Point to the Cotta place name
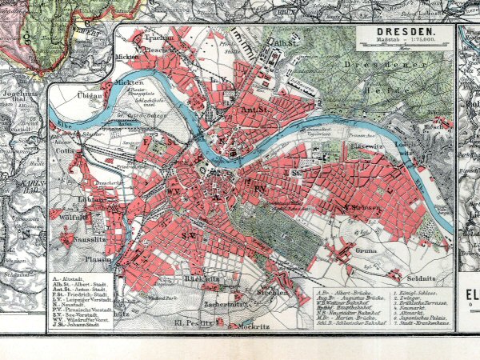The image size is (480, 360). (66, 150)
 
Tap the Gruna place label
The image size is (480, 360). (344, 249)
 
